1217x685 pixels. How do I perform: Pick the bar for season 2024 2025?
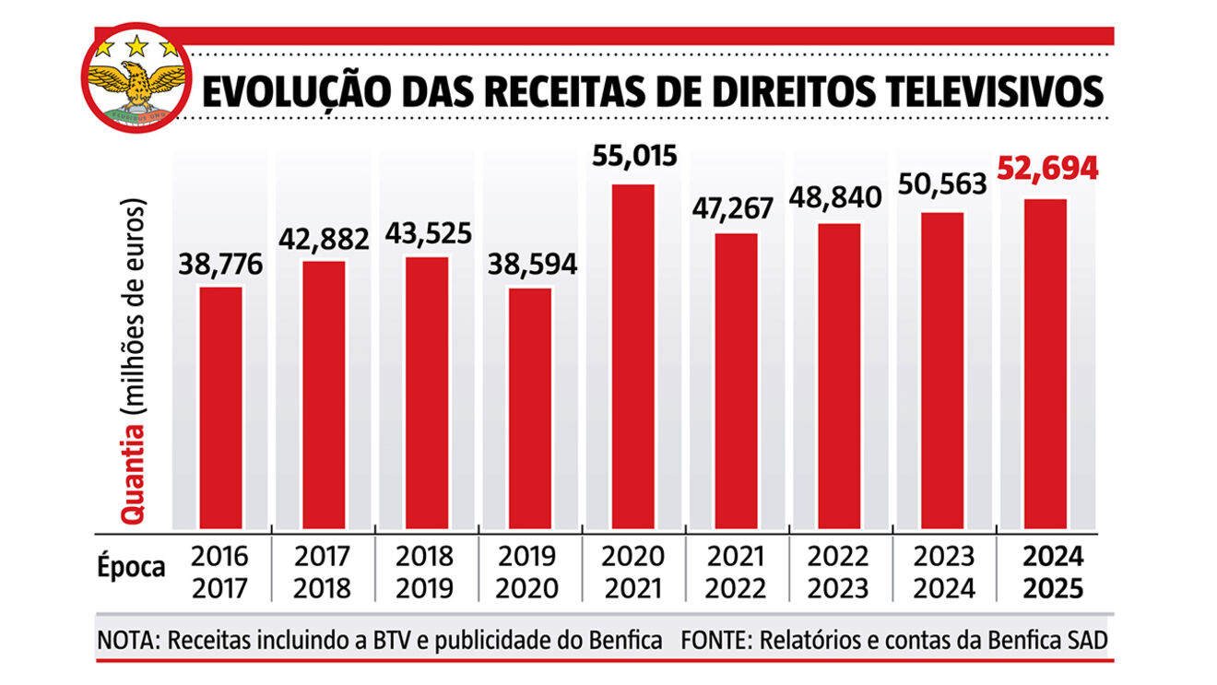click(1046, 364)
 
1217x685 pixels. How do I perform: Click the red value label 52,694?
click(1046, 170)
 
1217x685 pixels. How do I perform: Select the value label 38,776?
click(221, 266)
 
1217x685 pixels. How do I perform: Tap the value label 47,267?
click(736, 207)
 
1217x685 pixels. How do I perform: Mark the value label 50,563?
click(942, 183)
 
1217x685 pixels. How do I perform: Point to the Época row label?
click(131, 567)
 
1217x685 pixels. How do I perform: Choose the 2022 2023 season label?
click(838, 573)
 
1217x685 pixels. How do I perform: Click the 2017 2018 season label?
click(323, 573)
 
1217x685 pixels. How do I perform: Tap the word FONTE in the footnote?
click(711, 641)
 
